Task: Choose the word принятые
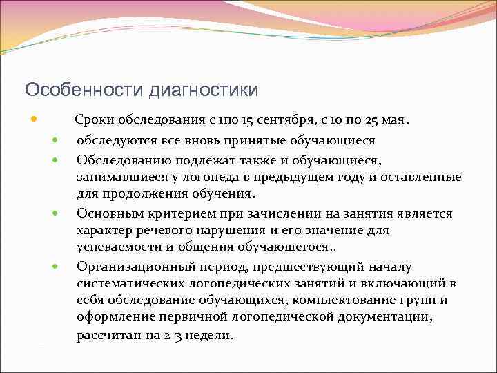250,140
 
